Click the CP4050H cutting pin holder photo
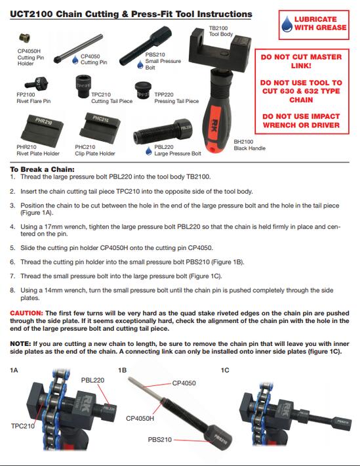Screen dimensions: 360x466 pos(25,38)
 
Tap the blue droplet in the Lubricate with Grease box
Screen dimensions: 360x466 pos(287,24)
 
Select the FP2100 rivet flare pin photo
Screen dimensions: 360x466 pos(37,83)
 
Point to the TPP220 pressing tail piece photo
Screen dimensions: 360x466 pos(143,91)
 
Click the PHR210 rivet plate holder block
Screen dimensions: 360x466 pos(42,129)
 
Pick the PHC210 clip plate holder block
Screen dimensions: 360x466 pos(100,128)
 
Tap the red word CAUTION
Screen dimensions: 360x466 pos(27,313)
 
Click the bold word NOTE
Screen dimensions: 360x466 pos(20,344)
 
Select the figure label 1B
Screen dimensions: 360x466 pos(122,370)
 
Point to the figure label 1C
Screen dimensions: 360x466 pos(225,370)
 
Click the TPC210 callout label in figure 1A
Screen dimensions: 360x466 pos(22,426)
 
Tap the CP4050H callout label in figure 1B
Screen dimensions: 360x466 pos(140,419)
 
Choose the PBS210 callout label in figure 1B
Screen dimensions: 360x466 pos(160,440)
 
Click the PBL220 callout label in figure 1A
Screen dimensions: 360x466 pos(92,380)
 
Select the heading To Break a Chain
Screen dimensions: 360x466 pos(42,169)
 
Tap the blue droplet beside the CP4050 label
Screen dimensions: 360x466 pos(75,60)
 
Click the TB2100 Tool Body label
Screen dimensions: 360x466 pos(221,32)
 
